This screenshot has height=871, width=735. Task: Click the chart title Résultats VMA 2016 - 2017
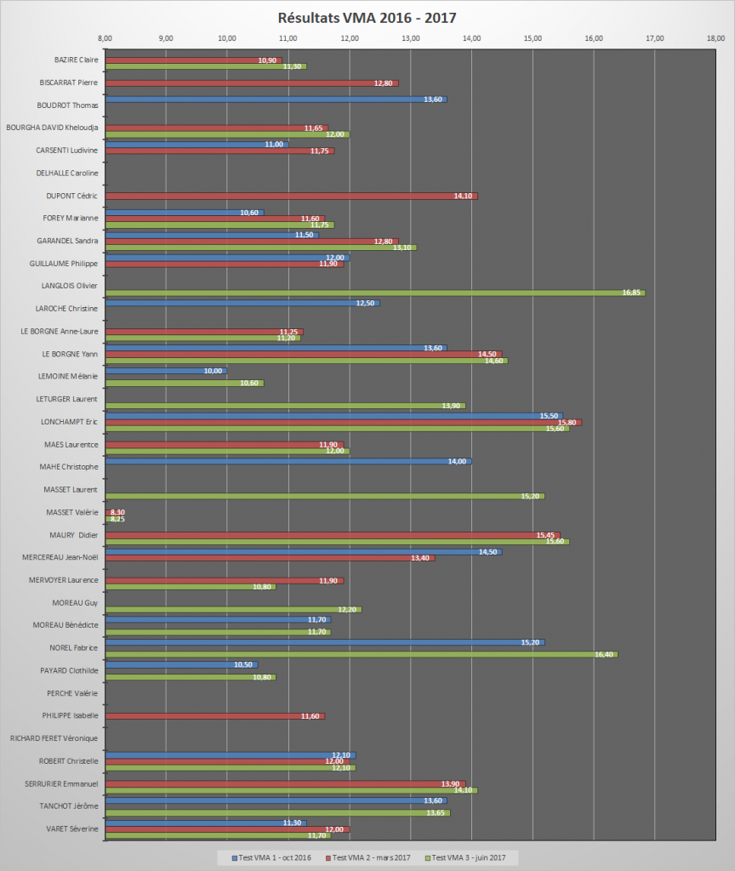pos(367,17)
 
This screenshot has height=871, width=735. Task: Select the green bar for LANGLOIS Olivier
pos(374,293)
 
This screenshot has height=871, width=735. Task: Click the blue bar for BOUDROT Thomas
pos(276,100)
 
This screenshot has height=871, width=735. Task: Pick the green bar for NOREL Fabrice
pos(361,654)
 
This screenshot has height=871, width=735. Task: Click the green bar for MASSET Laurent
pos(324,496)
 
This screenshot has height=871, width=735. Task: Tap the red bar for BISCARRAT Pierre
pos(252,83)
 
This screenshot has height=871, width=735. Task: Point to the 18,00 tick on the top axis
pos(716,38)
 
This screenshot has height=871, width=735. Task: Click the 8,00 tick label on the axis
pos(105,38)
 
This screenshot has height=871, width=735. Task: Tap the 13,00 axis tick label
pos(411,38)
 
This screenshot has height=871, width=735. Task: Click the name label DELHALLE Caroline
pos(67,173)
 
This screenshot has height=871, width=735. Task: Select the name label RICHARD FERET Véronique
pos(54,738)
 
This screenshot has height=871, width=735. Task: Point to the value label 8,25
pos(116,519)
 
